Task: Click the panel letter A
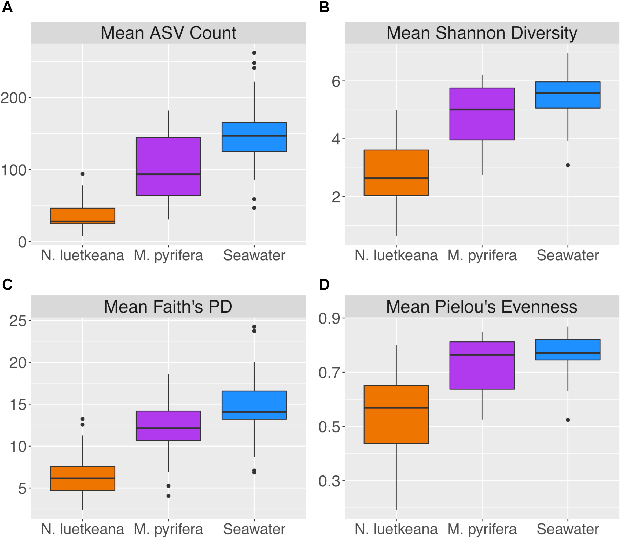tap(7, 7)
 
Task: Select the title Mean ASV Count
tap(168, 33)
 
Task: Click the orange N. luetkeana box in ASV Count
tap(82, 216)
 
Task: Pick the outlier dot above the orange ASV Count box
tap(82, 174)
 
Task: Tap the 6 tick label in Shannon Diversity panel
tap(336, 81)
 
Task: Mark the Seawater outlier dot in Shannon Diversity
tap(568, 165)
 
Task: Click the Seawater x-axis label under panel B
tap(568, 255)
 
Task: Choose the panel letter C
tap(7, 284)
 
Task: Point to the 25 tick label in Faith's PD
tap(18, 321)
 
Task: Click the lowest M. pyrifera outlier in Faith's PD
tap(168, 496)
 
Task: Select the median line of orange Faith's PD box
tap(82, 478)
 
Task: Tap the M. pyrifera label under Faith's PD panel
tap(168, 529)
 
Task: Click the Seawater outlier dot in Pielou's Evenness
tap(568, 420)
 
